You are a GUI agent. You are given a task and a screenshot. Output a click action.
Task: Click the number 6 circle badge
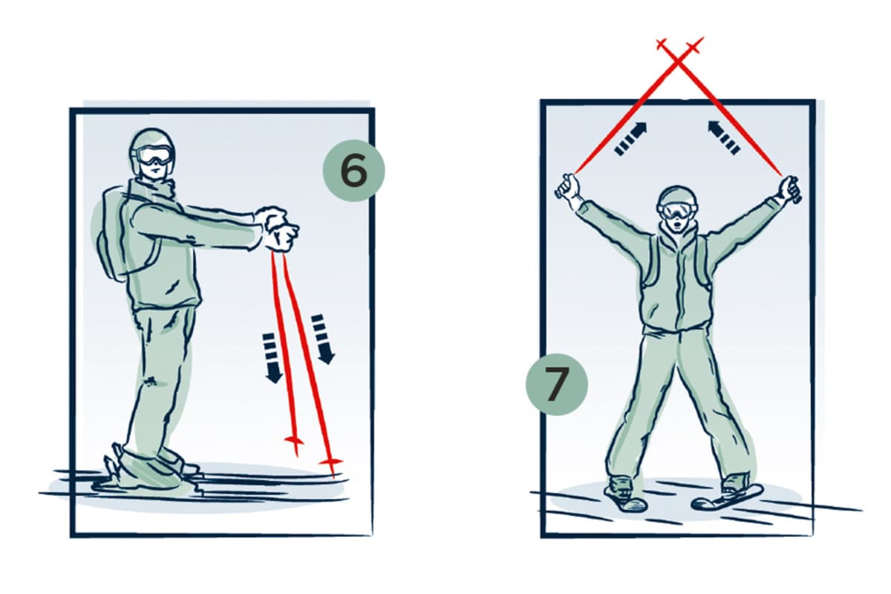pos(353,170)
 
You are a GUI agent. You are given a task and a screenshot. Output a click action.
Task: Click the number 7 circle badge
pos(556,385)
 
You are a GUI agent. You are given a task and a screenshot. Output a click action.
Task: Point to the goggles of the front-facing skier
pos(677,211)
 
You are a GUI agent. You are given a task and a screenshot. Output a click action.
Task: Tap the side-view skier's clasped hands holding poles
pos(276,229)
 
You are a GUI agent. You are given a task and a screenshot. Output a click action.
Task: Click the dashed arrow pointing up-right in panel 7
pos(631,138)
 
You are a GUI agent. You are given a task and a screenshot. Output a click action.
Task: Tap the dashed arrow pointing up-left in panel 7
pos(723,137)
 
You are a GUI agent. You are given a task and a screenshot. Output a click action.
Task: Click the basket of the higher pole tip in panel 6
pos(295,440)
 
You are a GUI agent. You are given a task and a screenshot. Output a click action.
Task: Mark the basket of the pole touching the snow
pos(330,462)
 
